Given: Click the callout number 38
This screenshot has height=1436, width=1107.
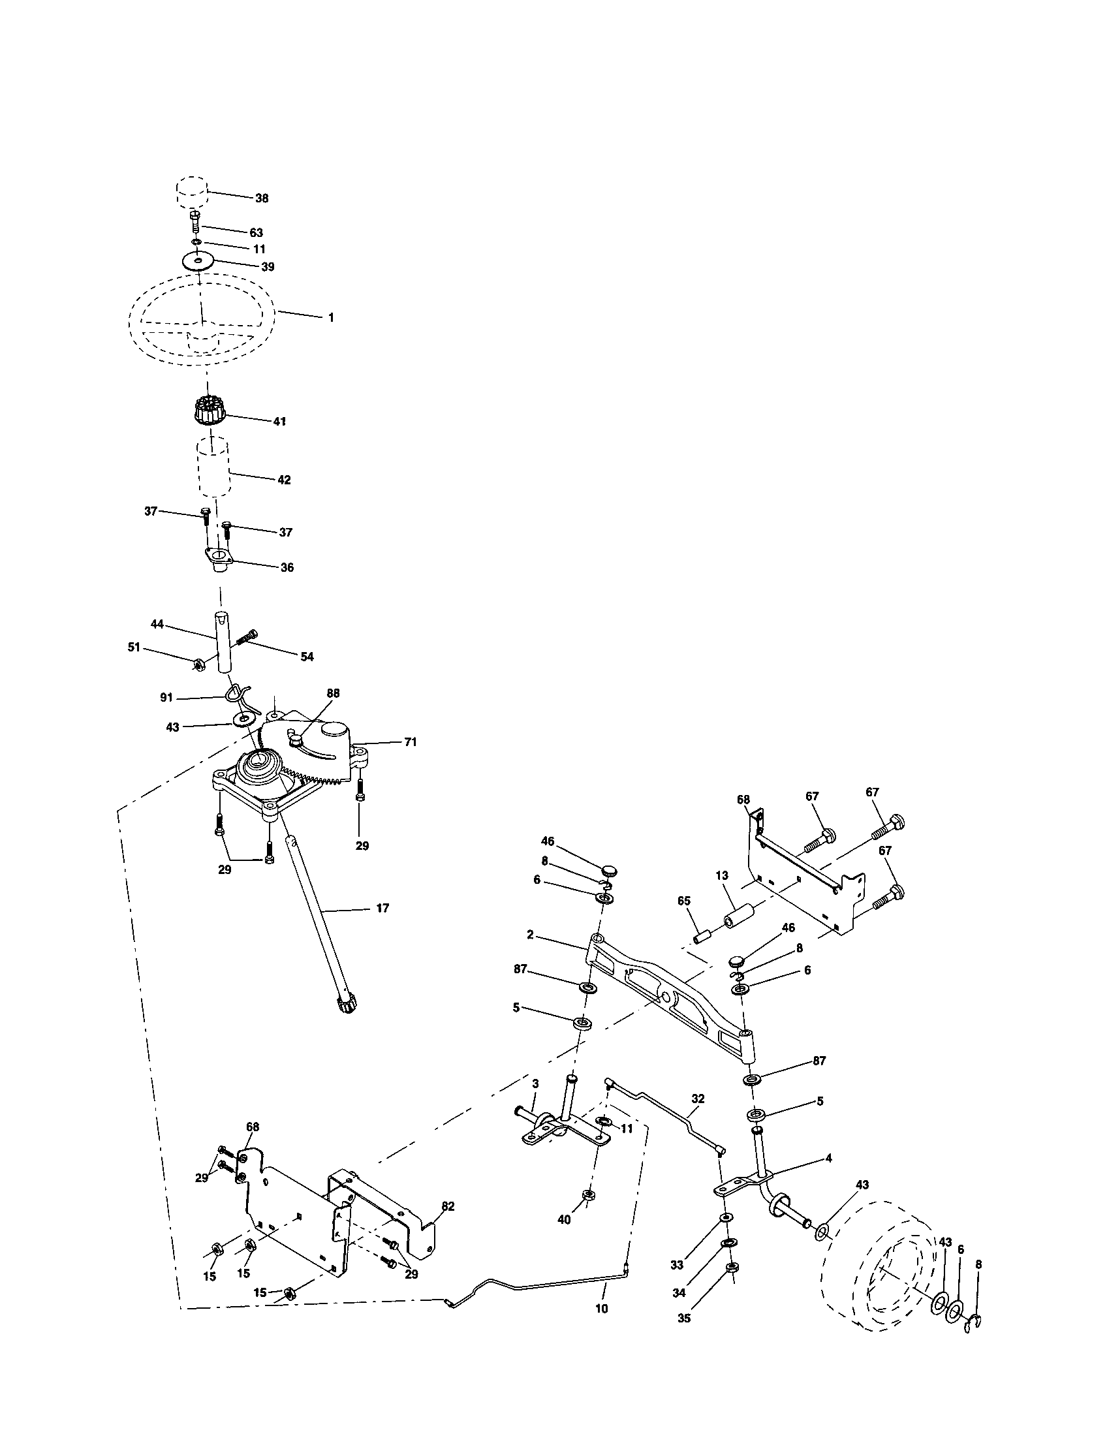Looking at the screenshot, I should click(x=262, y=198).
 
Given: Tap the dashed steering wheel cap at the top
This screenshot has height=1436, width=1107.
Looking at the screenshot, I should click(x=192, y=191).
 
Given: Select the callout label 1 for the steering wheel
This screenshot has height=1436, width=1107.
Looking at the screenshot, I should click(x=331, y=318).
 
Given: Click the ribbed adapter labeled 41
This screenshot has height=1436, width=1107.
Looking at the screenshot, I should click(x=210, y=413).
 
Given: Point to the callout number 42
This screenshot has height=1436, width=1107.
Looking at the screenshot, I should click(x=283, y=480).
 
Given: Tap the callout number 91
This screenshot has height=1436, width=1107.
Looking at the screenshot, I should click(x=166, y=698).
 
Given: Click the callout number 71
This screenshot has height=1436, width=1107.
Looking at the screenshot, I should click(x=410, y=741).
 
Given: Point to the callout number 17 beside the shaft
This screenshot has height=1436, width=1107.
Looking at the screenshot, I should click(x=382, y=908).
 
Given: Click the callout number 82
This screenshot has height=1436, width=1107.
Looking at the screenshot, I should click(x=448, y=1206).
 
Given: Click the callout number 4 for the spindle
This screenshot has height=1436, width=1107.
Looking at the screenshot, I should click(x=828, y=1158).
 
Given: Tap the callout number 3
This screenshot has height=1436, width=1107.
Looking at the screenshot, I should click(x=535, y=1101).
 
